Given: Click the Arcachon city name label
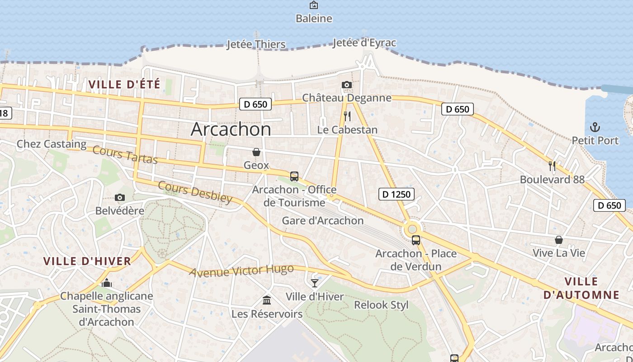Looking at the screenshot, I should (x=231, y=129).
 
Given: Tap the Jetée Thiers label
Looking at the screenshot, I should (x=256, y=44).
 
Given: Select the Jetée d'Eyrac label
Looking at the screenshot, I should (x=364, y=43).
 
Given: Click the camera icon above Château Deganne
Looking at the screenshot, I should (x=347, y=85).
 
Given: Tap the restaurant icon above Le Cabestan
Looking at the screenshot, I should (x=347, y=116).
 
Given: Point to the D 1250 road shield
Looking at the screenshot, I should (x=396, y=194).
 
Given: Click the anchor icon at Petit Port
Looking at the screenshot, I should (x=595, y=127).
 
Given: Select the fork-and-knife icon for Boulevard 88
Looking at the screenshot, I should (x=552, y=166).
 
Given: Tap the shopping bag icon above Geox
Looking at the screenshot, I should (x=256, y=152).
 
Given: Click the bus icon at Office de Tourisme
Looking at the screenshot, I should (x=294, y=176).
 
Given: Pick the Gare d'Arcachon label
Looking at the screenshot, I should (x=323, y=220).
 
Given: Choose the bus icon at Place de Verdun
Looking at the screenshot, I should (x=416, y=240).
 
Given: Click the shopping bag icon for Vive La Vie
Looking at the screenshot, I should (x=559, y=239).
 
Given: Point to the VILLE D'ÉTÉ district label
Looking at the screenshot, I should (x=124, y=84).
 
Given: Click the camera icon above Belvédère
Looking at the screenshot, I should (x=120, y=197).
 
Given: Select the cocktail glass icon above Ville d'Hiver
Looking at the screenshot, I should (x=315, y=283).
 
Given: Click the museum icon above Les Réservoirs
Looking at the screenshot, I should (x=267, y=300).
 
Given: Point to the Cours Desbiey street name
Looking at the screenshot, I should (x=195, y=192).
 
